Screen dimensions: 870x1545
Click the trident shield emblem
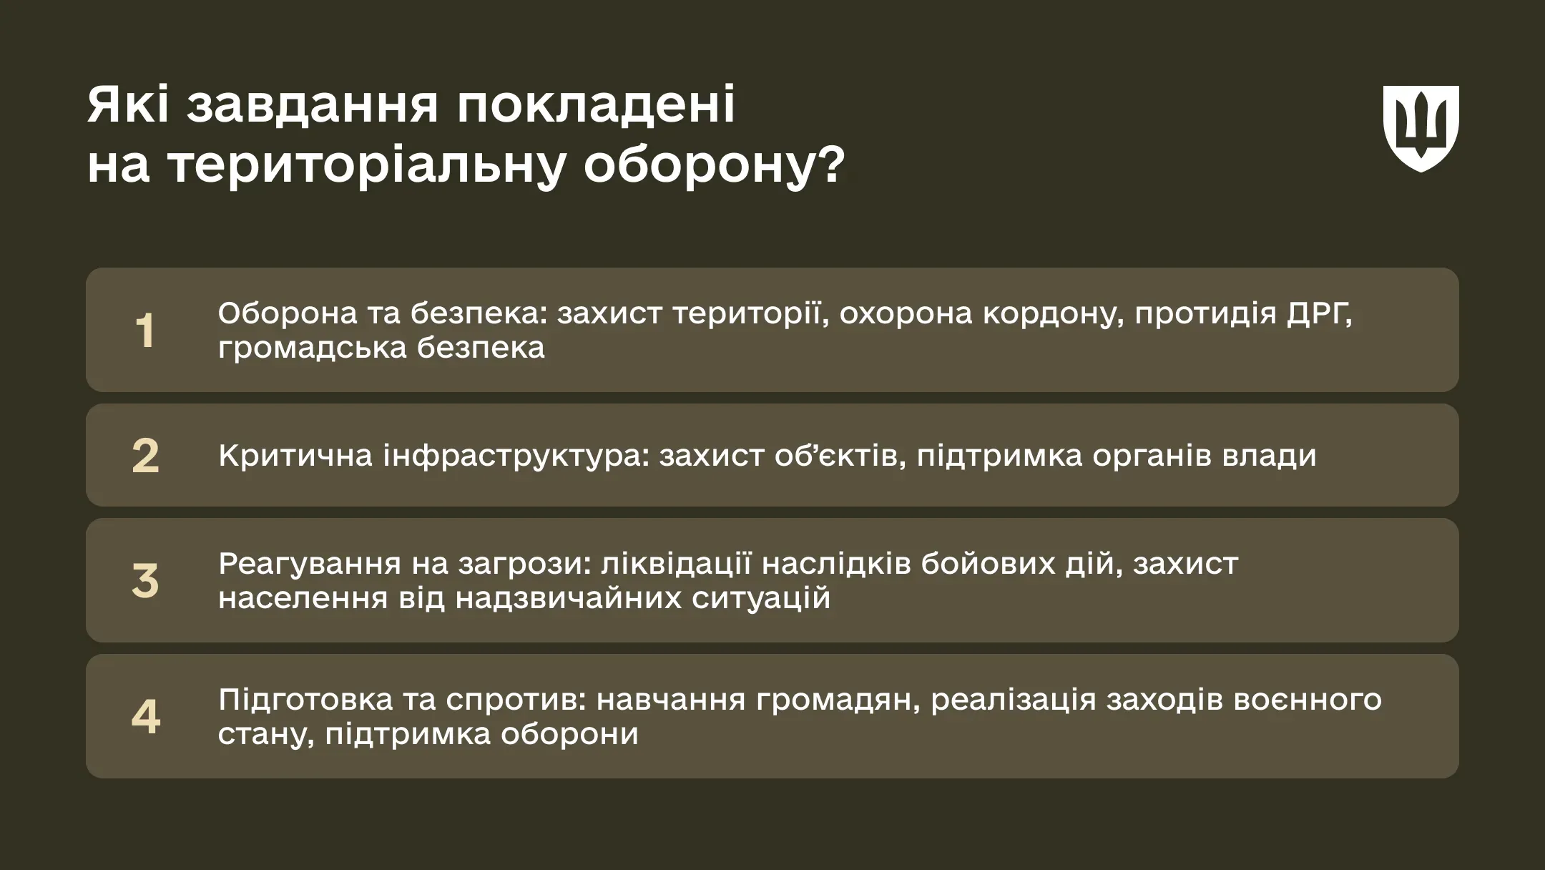1421,128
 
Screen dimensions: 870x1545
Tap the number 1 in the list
145,331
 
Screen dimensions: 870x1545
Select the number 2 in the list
145,456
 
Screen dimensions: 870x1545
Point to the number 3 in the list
145,580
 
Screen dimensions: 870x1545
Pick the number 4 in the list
145,716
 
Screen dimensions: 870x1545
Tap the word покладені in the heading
596,106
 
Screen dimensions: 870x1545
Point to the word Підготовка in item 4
305,700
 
